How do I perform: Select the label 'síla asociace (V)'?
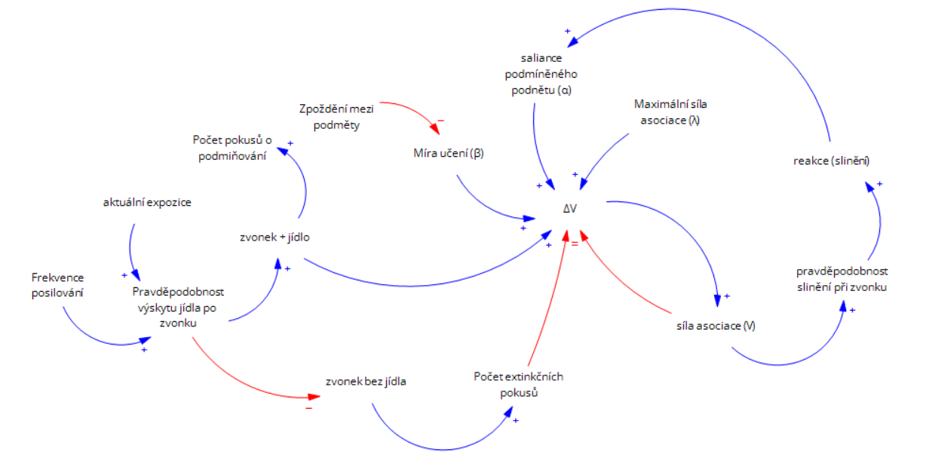(x=716, y=326)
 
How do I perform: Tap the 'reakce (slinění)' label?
(x=826, y=161)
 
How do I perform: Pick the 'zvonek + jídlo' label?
(x=273, y=238)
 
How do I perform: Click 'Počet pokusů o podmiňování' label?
(x=231, y=148)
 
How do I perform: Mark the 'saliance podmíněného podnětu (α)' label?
(x=541, y=74)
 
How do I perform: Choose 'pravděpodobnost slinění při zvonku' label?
(x=842, y=278)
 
